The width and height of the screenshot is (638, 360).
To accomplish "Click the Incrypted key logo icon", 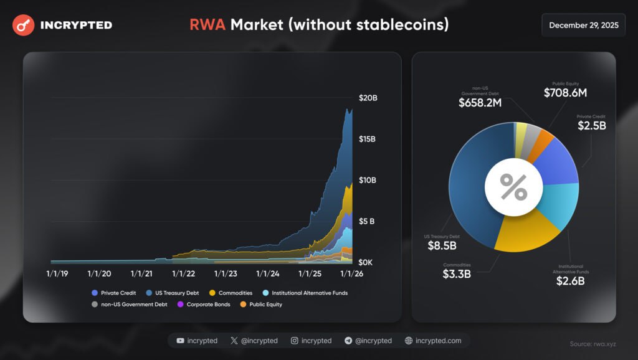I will click(23, 26).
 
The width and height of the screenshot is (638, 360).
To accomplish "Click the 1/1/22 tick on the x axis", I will click(183, 273).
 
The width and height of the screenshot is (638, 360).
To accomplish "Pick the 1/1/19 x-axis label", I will click(58, 273).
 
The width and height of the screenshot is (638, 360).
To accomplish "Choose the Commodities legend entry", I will click(231, 293).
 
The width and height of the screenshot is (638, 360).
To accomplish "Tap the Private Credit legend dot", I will click(94, 293).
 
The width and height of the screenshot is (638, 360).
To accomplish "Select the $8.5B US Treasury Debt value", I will click(442, 245).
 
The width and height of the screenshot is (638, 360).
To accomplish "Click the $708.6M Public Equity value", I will click(565, 93).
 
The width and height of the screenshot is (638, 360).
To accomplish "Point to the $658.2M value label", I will click(480, 102).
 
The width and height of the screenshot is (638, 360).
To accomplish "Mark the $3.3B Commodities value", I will click(458, 273).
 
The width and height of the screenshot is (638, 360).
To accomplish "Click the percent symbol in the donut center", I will click(514, 187).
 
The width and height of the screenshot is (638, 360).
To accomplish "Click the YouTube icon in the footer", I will click(180, 341).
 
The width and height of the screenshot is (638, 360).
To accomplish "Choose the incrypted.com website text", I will click(438, 341).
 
